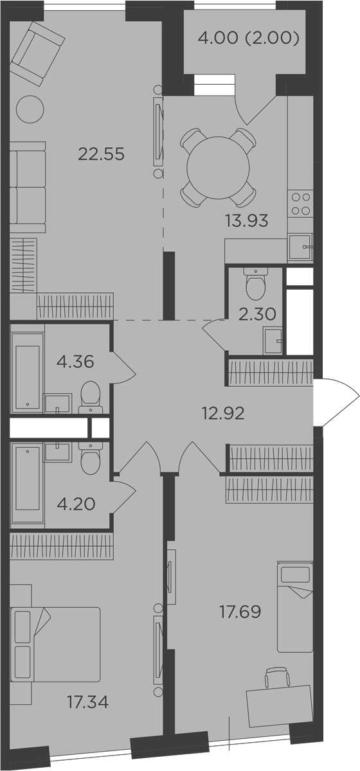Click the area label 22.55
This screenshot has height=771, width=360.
tap(100, 154)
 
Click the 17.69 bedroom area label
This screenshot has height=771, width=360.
tap(239, 611)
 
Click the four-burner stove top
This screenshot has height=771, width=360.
tap(301, 204)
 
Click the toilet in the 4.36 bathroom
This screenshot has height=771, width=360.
tap(91, 396)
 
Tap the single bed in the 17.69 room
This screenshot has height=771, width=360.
tap(294, 606)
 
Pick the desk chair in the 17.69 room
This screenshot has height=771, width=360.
tap(276, 677)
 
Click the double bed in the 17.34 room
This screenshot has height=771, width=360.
tap(57, 644)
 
